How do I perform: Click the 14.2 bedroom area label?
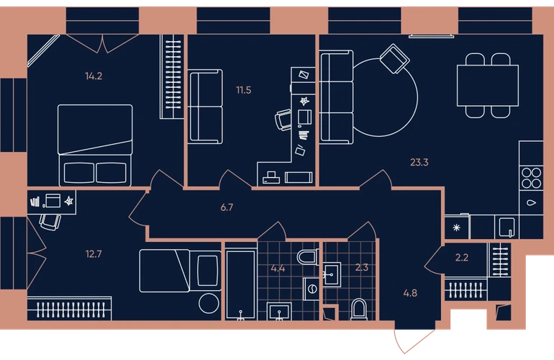[x=94, y=76]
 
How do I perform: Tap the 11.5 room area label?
[x=244, y=90]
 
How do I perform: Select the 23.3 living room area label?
[x=419, y=162]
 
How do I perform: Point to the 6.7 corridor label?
[x=227, y=207]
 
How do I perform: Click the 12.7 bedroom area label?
[x=94, y=254]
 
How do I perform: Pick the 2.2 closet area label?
[x=462, y=258]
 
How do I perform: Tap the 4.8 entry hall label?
[x=410, y=293]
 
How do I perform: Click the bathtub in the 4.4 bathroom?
[x=240, y=284]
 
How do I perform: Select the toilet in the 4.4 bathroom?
[x=308, y=257]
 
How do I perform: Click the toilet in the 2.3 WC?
[x=359, y=310]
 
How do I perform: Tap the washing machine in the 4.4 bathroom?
[x=312, y=289]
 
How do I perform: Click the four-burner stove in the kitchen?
[x=531, y=178]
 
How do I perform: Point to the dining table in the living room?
[x=488, y=86]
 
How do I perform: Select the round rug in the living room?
[x=417, y=98]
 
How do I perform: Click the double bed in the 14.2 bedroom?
[x=95, y=145]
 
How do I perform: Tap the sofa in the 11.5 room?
[x=205, y=107]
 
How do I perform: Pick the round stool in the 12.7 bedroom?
[x=209, y=303]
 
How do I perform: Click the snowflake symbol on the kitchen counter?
[x=456, y=228]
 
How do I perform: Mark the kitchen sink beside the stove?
[x=532, y=202]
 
